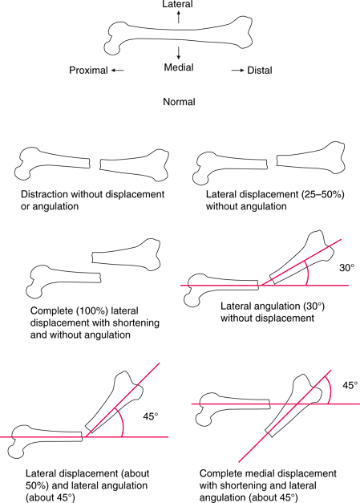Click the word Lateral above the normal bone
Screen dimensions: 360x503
(x=177, y=4)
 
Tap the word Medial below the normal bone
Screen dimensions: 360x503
(x=179, y=67)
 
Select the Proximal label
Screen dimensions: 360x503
(x=88, y=71)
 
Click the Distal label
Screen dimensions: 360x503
(x=260, y=71)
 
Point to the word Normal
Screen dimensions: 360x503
(x=180, y=102)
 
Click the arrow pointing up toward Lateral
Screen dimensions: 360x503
(x=179, y=17)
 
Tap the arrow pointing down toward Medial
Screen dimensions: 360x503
(x=179, y=53)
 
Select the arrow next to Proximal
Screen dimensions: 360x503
(x=118, y=71)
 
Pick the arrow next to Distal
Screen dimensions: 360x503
(x=238, y=71)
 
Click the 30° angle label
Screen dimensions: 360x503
(x=347, y=267)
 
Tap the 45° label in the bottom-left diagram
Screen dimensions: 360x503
(x=151, y=416)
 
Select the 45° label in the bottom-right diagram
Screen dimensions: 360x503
(x=350, y=385)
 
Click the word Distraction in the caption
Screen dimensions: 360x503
(x=45, y=194)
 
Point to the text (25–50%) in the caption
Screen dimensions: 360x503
(x=323, y=195)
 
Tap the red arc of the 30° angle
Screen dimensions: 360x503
(x=307, y=273)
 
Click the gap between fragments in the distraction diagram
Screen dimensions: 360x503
(x=95, y=164)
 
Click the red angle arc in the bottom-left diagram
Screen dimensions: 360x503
(x=122, y=422)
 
